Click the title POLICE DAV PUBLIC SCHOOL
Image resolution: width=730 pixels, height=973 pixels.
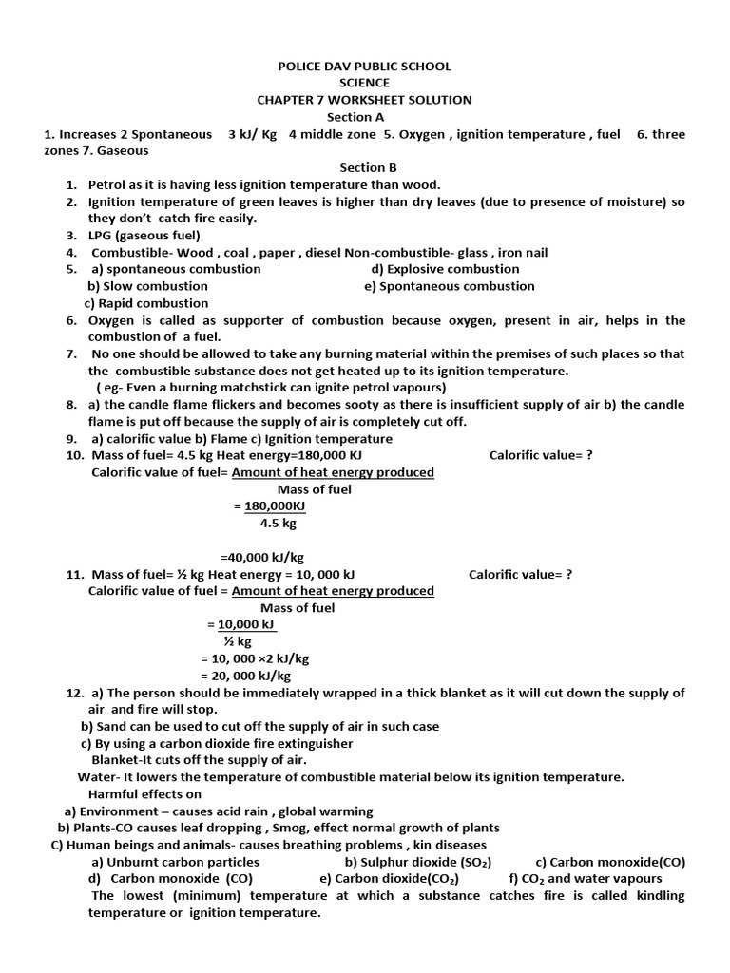pyautogui.click(x=364, y=67)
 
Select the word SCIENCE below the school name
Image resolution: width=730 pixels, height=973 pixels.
pyautogui.click(x=364, y=83)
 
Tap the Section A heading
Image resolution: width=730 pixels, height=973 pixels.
pyautogui.click(x=364, y=117)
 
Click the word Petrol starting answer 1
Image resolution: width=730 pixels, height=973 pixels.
pyautogui.click(x=107, y=184)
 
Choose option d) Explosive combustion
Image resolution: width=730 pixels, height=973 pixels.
pyautogui.click(x=445, y=269)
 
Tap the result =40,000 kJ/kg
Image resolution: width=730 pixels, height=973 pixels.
pyautogui.click(x=262, y=558)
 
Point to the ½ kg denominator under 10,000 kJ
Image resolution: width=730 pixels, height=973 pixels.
pyautogui.click(x=238, y=642)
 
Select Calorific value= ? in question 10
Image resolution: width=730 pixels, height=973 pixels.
pyautogui.click(x=541, y=455)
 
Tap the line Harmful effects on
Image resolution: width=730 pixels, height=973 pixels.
pyautogui.click(x=144, y=794)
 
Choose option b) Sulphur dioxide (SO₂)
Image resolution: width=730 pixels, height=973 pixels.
pyautogui.click(x=417, y=863)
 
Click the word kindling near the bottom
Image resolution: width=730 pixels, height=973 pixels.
pyautogui.click(x=658, y=896)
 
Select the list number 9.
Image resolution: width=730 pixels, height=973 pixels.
pyautogui.click(x=71, y=439)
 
